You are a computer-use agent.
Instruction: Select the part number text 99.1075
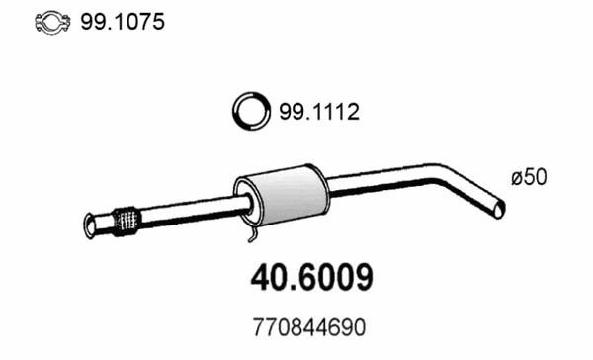click(x=101, y=22)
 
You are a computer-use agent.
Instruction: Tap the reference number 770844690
click(x=308, y=325)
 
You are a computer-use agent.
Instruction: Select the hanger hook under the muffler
click(x=253, y=237)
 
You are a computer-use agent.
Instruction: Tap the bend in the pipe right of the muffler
click(x=450, y=176)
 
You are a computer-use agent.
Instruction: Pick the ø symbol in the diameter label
click(x=518, y=178)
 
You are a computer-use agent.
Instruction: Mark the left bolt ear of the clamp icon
click(x=13, y=23)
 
